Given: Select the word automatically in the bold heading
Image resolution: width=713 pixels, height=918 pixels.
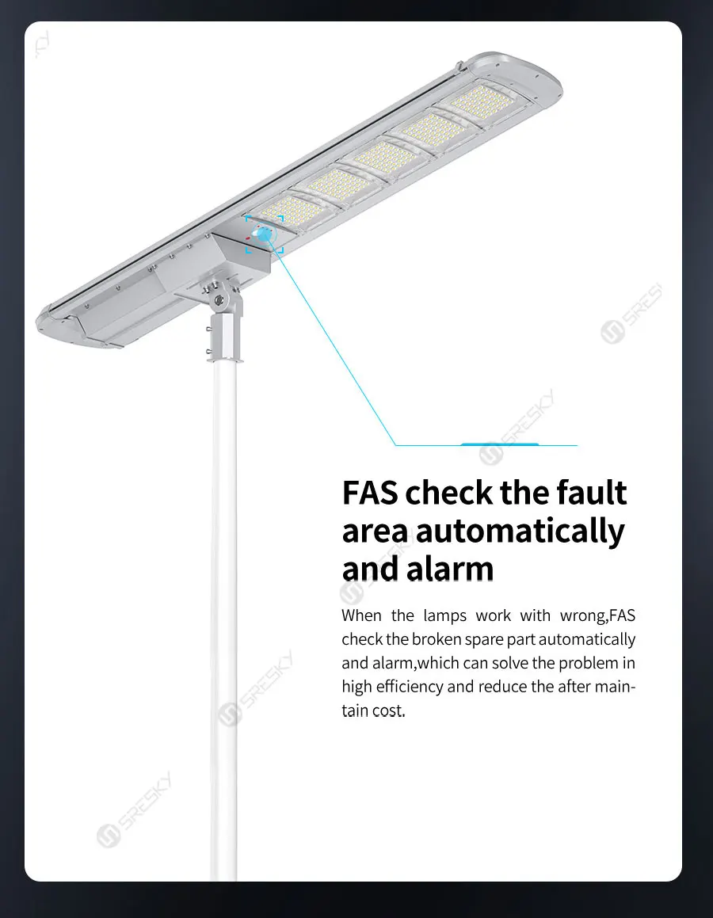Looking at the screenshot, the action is [x=520, y=531].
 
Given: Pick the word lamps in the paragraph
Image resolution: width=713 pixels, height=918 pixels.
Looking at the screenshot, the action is [x=445, y=615].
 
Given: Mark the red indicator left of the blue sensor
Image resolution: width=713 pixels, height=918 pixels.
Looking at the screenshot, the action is [x=249, y=236].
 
